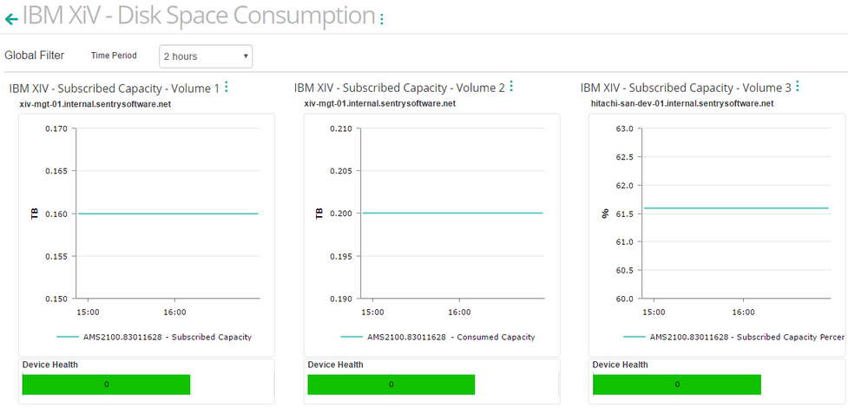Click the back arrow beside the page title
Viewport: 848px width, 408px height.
coord(11,18)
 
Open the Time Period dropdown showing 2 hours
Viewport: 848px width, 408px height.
coord(206,56)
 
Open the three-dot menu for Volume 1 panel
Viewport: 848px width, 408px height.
coord(227,87)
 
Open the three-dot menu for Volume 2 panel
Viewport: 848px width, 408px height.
coord(511,87)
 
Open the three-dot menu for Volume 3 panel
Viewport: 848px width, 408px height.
coord(797,87)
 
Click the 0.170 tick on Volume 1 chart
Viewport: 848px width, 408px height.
coord(56,129)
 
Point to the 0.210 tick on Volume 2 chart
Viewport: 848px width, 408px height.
coord(341,129)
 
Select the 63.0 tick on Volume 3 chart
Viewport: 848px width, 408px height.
coord(626,129)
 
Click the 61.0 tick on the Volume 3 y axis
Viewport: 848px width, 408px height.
coord(626,242)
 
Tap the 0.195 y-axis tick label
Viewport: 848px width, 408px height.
coord(341,256)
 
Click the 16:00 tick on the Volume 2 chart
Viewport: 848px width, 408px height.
coord(459,313)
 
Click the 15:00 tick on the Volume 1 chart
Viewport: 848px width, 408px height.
coord(88,313)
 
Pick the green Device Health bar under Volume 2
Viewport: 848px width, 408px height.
coord(391,385)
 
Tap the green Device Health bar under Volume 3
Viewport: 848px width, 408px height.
coord(676,385)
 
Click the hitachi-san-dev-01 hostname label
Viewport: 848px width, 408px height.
coord(681,103)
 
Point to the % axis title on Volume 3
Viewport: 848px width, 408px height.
coord(605,213)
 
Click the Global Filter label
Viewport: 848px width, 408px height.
coord(35,56)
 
